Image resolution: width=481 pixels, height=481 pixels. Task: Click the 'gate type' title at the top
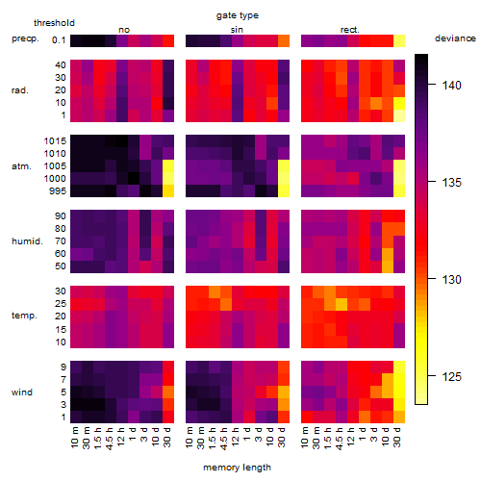(x=238, y=15)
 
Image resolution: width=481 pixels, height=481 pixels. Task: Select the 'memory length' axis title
(x=237, y=468)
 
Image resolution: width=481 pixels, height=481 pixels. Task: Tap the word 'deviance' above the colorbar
(x=455, y=38)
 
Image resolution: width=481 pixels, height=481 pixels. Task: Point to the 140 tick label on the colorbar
(x=451, y=86)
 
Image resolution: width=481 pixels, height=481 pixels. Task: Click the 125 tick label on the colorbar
(x=451, y=376)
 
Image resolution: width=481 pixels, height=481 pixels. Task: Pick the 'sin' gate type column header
(x=237, y=30)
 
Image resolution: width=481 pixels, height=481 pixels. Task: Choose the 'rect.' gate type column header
(x=349, y=30)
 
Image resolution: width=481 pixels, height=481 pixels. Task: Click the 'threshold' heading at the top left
(x=54, y=23)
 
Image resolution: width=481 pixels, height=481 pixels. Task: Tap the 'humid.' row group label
(x=27, y=241)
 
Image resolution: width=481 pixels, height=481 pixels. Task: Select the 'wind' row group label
(x=22, y=392)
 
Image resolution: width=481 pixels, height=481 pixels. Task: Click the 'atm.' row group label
(x=21, y=166)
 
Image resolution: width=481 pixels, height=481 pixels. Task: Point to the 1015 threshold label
(x=55, y=141)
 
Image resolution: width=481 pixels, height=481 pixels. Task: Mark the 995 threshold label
(x=58, y=191)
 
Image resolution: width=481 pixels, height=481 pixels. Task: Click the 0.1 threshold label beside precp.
(x=59, y=40)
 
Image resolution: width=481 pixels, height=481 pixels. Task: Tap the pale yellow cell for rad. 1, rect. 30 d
(x=399, y=115)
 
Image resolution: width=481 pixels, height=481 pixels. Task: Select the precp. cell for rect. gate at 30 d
(x=399, y=40)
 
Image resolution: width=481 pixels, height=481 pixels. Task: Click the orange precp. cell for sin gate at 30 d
(x=284, y=40)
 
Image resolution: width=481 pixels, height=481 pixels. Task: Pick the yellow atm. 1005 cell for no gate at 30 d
(x=168, y=166)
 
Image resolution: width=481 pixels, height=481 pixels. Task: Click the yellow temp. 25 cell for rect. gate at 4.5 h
(x=342, y=304)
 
